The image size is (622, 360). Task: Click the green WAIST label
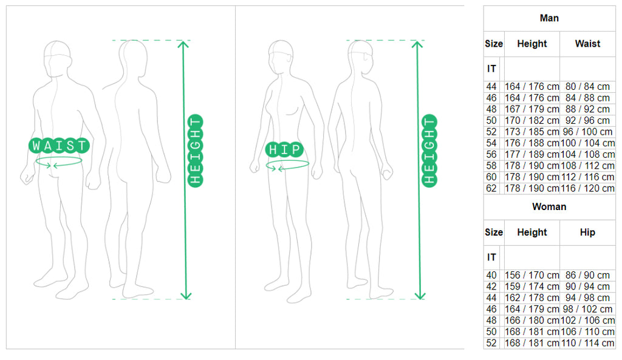[x=59, y=146]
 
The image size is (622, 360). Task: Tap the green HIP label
[x=284, y=149]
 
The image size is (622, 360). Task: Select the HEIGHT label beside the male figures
[x=195, y=151]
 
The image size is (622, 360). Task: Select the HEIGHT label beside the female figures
[x=429, y=151]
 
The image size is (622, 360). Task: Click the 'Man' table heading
[x=549, y=18]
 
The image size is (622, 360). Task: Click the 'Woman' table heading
[x=549, y=207]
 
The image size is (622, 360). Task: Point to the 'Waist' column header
[x=587, y=44]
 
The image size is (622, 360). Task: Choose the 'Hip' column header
[x=587, y=233]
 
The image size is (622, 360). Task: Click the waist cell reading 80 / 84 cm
[x=587, y=86]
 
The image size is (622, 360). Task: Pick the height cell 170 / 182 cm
[x=532, y=121]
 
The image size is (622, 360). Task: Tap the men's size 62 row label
[x=491, y=188]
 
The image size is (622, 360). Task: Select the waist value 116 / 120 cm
[x=587, y=188]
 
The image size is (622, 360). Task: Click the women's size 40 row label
[x=491, y=275]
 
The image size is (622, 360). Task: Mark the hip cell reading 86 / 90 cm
[x=587, y=275]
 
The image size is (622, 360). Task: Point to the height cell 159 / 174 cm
[x=532, y=287]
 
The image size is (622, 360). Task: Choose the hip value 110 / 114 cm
[x=587, y=343]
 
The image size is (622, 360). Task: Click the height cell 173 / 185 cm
[x=532, y=132]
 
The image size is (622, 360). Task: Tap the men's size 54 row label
[x=491, y=143]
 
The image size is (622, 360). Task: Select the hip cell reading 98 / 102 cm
[x=587, y=309]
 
